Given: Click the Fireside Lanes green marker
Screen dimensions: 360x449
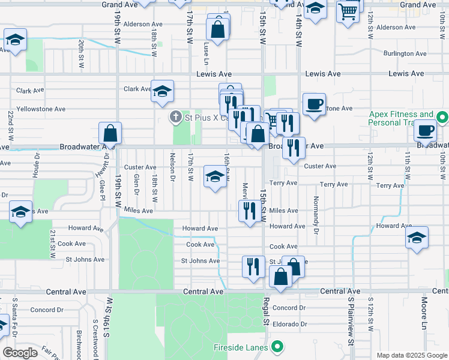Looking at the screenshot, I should coord(277,347).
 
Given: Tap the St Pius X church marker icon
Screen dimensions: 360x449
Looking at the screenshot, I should coord(176,117).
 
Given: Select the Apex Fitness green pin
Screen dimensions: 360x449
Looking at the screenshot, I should coord(442,117).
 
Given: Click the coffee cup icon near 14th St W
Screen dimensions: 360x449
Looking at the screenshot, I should coord(314,104).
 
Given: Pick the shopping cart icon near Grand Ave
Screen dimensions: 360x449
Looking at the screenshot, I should coord(348,11).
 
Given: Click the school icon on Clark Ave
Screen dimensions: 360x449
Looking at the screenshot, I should coord(162,91).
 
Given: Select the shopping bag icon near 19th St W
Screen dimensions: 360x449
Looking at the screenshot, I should coord(110,133).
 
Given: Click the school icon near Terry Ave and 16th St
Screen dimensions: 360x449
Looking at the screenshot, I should coord(214,176).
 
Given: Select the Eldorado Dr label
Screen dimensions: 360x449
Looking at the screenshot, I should coord(289,323).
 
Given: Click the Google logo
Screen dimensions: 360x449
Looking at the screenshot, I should coord(20,352).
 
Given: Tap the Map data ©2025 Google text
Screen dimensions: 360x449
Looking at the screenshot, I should coord(411,355).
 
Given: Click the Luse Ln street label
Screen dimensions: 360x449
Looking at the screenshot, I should coord(206,53).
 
